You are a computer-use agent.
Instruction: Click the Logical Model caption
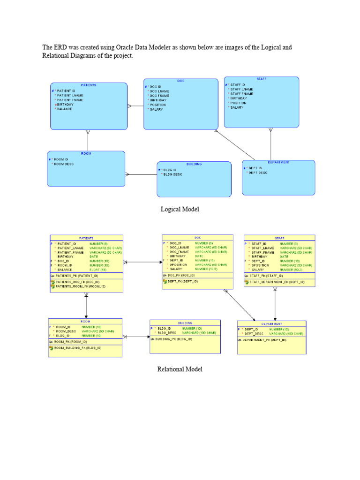click(x=180, y=210)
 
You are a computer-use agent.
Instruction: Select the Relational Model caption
click(x=180, y=369)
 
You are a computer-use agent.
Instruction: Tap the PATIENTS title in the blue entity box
click(x=89, y=85)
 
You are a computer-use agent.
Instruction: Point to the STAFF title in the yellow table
click(x=274, y=238)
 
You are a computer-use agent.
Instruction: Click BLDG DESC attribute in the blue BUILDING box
click(x=172, y=174)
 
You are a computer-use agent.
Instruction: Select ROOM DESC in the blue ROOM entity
click(x=64, y=164)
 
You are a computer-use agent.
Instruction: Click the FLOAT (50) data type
click(x=98, y=270)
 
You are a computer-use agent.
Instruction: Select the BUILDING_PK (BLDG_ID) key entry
click(x=173, y=338)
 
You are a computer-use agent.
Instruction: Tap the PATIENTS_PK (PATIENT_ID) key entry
click(x=77, y=276)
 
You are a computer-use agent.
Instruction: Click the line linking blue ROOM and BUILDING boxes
click(x=141, y=174)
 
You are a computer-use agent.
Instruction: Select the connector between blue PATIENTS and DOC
click(x=135, y=105)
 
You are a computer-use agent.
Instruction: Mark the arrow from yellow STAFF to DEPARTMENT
click(x=275, y=305)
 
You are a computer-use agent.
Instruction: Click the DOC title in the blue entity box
click(x=180, y=81)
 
